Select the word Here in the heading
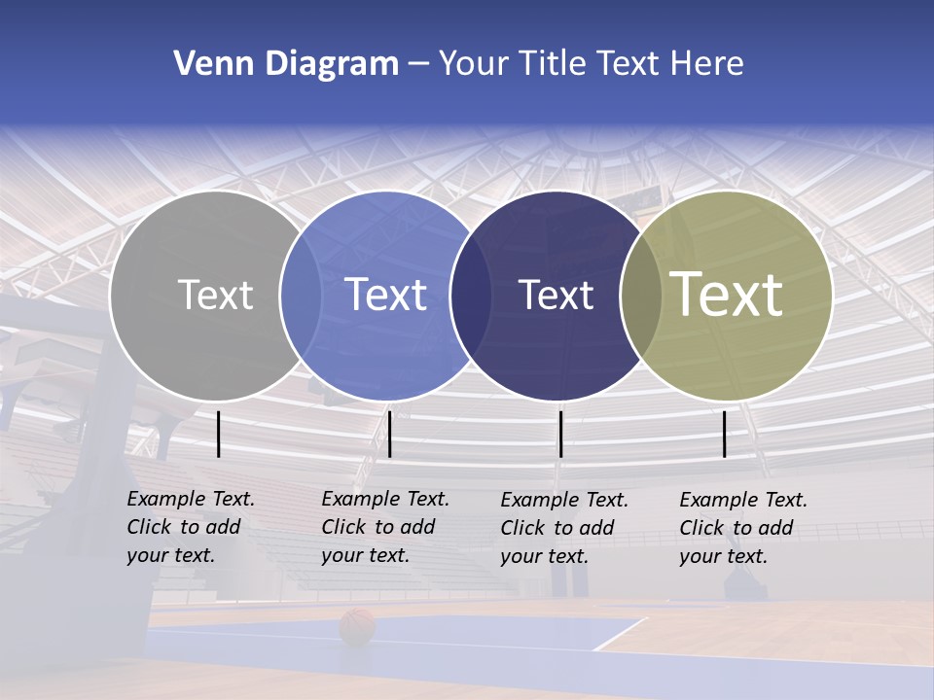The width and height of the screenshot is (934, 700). (708, 64)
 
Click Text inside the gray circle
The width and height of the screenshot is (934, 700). (215, 295)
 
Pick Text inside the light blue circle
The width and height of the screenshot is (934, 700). (385, 295)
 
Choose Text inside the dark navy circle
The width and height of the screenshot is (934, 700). (556, 295)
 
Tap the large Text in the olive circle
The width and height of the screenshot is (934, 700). (727, 294)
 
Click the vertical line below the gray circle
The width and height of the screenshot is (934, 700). (219, 434)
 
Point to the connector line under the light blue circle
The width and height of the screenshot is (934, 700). (389, 434)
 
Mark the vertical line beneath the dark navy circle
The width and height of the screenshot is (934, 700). (560, 434)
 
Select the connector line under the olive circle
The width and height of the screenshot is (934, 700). (724, 434)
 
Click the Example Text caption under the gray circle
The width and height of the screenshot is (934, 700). (190, 527)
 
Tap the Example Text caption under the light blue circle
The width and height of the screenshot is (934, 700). (384, 527)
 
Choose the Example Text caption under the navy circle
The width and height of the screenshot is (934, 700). (563, 528)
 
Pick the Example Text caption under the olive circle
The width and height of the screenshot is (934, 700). (742, 528)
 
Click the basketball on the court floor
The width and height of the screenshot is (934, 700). (357, 627)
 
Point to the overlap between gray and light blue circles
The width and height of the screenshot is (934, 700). (301, 295)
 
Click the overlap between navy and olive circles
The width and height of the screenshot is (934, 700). (641, 295)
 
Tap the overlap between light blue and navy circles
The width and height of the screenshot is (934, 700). (471, 295)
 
